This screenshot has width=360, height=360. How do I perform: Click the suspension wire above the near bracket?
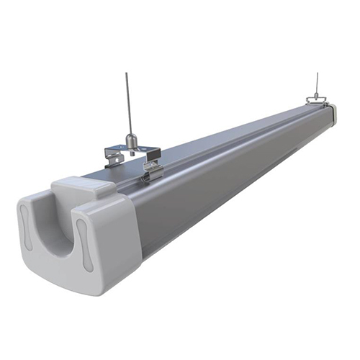[x=128, y=101]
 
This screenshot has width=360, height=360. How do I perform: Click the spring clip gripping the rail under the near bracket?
[x=152, y=171]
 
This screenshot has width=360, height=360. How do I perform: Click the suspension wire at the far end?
[x=315, y=83]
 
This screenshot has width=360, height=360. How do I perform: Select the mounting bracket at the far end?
[x=316, y=99]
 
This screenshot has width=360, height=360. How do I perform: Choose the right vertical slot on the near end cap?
[x=84, y=245]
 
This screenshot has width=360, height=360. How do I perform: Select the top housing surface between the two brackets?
[x=230, y=133]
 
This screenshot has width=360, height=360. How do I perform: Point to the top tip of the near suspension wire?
[x=127, y=73]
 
